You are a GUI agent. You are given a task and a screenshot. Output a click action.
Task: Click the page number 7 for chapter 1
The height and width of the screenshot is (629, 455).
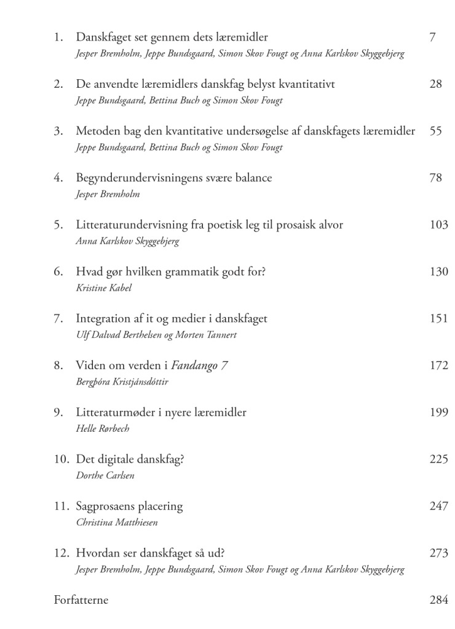click(432, 37)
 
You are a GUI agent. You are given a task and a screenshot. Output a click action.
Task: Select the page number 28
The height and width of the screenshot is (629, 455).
click(435, 84)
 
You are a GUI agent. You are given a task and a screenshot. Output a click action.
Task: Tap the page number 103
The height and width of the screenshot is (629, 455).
click(438, 225)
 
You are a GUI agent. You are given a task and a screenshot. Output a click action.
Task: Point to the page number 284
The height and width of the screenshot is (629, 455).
click(438, 600)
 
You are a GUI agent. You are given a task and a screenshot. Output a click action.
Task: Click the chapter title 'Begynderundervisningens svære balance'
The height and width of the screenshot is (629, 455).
click(173, 178)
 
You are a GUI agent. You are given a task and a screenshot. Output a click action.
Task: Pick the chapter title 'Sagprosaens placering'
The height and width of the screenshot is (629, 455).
click(129, 506)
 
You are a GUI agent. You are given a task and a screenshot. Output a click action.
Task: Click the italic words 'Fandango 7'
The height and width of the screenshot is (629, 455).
click(199, 365)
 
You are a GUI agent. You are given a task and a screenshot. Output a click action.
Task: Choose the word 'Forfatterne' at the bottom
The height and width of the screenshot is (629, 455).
click(81, 600)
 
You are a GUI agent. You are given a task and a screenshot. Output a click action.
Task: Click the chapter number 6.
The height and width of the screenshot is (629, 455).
click(58, 272)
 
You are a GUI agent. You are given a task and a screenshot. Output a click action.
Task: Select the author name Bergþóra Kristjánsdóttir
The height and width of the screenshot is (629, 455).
click(122, 381)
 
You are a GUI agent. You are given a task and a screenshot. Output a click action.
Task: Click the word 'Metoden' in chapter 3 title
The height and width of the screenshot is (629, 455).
click(96, 131)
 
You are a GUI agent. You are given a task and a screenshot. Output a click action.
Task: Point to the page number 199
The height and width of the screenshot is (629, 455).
click(438, 412)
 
